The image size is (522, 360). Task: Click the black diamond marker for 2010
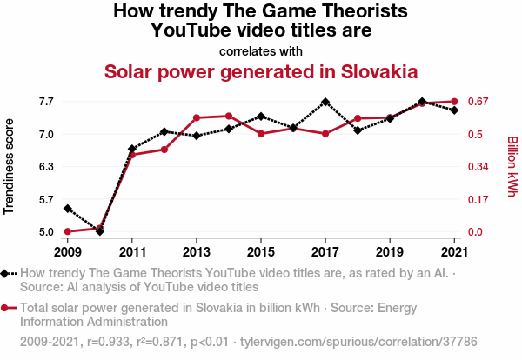[x=99, y=231]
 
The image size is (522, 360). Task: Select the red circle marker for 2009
[x=67, y=231]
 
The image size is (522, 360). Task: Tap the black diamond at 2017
[x=325, y=102]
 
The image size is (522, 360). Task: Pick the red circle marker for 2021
[x=454, y=102]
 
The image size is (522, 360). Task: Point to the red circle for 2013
[x=197, y=117]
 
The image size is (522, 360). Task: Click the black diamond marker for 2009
[x=67, y=209]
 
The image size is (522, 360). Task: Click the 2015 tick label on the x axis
[x=261, y=251]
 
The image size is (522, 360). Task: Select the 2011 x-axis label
[x=131, y=251]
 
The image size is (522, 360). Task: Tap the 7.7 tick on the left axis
[x=45, y=102]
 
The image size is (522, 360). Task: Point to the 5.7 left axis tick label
[x=45, y=199]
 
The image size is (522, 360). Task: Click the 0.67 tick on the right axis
[x=481, y=102]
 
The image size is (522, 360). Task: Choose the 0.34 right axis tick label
[x=481, y=166]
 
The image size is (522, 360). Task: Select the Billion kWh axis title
[x=512, y=166]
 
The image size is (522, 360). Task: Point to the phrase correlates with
[x=261, y=50]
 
